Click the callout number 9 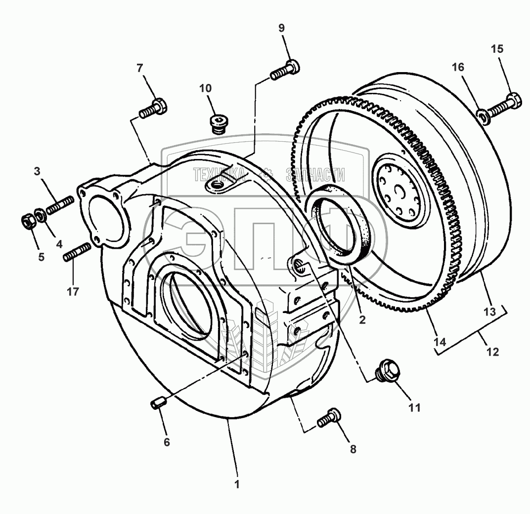click(282, 28)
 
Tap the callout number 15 click(497, 49)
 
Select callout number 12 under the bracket click(492, 352)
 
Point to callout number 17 click(73, 292)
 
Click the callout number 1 click(237, 484)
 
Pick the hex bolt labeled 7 click(153, 108)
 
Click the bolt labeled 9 click(285, 69)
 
